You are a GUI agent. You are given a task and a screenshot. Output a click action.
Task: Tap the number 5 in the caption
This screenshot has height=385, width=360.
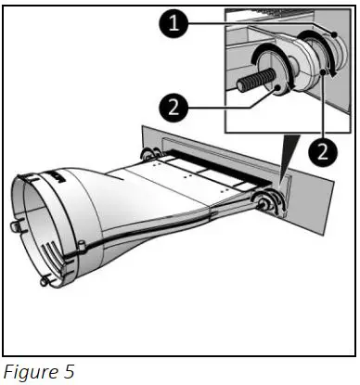pos(65,372)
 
